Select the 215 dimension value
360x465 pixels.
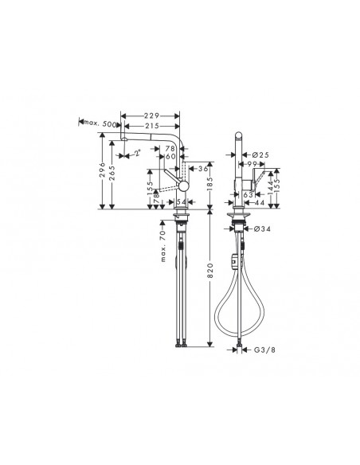pos(155,126)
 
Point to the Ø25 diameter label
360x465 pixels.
pos(260,154)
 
